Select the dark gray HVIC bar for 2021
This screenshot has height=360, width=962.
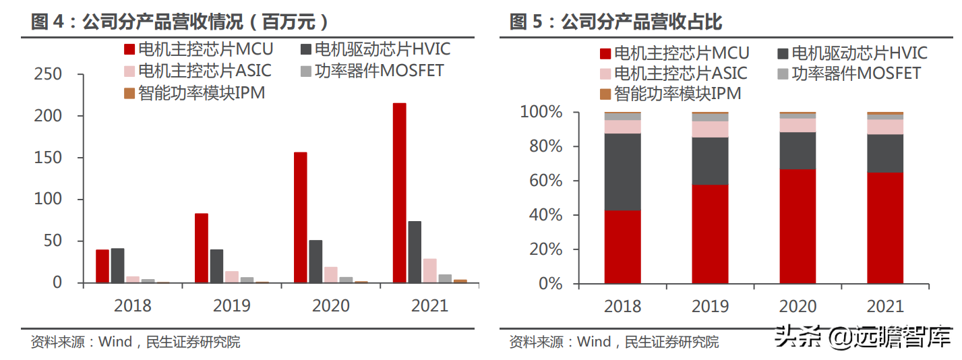(415, 252)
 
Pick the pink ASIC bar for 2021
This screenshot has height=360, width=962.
(429, 270)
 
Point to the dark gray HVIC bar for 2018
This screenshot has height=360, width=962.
(117, 266)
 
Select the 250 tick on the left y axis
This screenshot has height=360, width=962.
(48, 74)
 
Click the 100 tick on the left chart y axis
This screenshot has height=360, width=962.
(48, 200)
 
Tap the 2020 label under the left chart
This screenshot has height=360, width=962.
(330, 306)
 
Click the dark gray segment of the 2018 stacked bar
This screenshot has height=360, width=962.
(622, 172)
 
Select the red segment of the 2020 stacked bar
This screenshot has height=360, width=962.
(798, 227)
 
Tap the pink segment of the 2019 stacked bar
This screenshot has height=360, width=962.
(710, 129)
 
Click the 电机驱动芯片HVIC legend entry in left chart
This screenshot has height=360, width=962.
(375, 49)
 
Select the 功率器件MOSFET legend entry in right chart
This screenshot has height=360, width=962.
(849, 73)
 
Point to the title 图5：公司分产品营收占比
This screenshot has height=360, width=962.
(616, 22)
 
